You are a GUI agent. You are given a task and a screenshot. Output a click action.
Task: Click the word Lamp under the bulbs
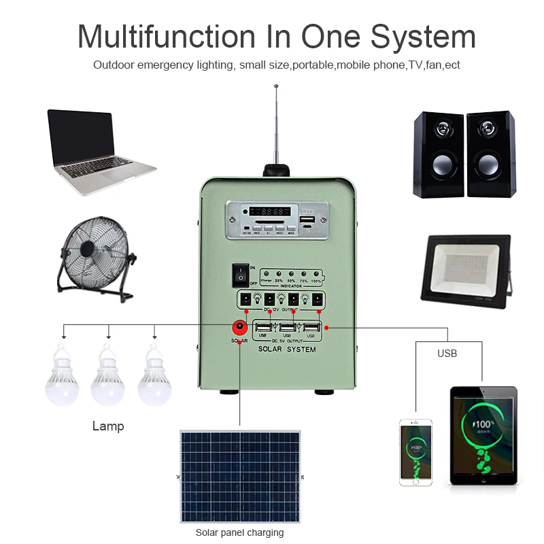(x=108, y=426)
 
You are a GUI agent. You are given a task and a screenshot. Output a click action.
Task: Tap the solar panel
(x=239, y=475)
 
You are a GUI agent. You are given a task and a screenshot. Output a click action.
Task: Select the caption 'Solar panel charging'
(x=239, y=532)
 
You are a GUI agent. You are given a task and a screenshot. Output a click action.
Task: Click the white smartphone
(x=415, y=452)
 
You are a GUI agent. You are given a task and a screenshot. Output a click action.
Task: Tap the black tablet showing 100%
(x=483, y=435)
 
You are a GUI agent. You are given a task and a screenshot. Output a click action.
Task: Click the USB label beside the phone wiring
(x=447, y=354)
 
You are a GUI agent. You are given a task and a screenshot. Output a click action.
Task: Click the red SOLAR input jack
(x=239, y=327)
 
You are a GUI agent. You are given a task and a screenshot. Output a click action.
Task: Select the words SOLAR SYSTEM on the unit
(x=286, y=349)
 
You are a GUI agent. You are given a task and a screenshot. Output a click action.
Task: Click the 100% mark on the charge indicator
(x=316, y=280)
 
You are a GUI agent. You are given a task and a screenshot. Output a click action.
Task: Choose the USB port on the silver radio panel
(x=307, y=222)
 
